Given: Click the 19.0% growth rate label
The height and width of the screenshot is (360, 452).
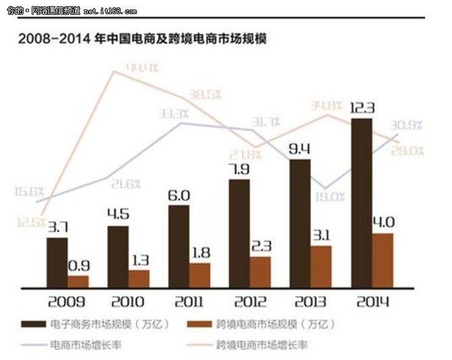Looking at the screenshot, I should pos(331,197).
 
